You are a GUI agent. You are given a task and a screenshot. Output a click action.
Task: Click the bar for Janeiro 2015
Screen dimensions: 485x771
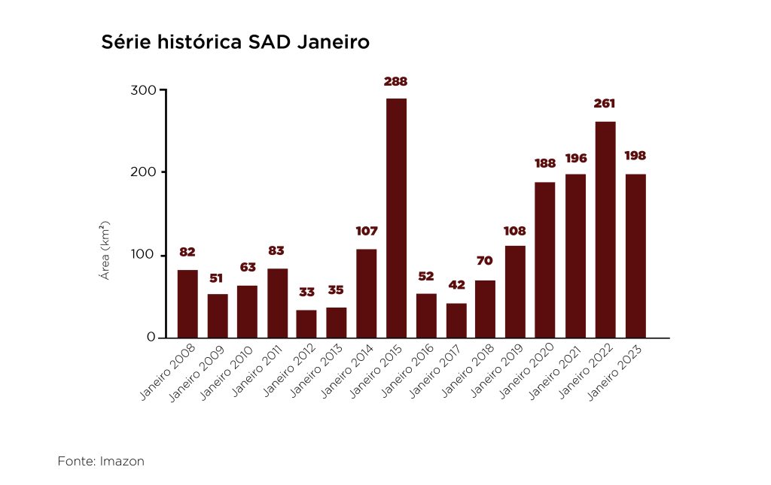[396, 218]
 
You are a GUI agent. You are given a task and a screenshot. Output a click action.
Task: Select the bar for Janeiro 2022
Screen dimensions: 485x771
[605, 229]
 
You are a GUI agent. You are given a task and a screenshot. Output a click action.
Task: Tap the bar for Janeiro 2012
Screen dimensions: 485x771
[306, 324]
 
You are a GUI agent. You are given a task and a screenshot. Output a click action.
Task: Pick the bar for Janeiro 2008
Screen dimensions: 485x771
[187, 304]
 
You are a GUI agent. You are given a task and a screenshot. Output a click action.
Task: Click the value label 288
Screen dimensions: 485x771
[396, 81]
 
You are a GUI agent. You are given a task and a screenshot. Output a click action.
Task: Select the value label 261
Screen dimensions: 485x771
[605, 104]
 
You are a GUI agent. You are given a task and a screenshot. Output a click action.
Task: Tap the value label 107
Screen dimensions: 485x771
[366, 232]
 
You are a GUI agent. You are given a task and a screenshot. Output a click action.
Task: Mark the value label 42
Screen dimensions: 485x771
[456, 285]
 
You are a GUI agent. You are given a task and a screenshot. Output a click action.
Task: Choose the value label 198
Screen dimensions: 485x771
[635, 156]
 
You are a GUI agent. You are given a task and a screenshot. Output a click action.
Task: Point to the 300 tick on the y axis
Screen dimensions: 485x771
[145, 90]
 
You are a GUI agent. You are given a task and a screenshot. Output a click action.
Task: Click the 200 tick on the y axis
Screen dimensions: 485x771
[145, 172]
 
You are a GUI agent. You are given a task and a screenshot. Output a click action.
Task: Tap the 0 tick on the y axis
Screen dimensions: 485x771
[151, 338]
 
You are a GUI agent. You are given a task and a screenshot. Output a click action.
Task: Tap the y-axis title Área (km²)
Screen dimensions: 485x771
[106, 250]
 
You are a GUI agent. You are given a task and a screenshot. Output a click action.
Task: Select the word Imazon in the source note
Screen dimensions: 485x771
[122, 461]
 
